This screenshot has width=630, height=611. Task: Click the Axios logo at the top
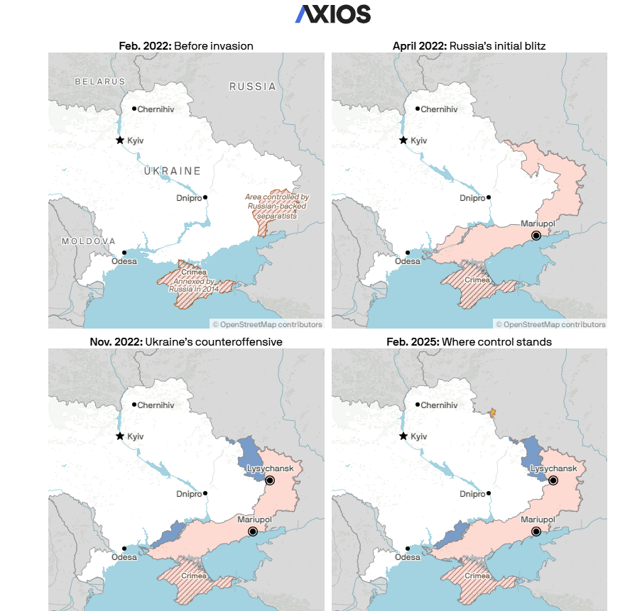[333, 14]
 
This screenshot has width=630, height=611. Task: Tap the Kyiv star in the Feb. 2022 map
[120, 141]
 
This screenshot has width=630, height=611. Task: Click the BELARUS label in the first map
[100, 82]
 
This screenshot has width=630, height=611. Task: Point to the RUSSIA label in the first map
[252, 87]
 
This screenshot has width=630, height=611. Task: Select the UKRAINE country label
[172, 171]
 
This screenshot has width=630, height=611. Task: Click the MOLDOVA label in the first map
[88, 241]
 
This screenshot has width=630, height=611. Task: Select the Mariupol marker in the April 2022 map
[536, 236]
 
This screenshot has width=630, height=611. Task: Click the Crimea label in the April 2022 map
[477, 280]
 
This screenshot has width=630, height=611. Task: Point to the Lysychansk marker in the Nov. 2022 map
[270, 480]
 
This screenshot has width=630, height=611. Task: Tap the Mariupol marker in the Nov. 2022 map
[252, 532]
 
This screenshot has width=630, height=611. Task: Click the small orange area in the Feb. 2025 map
[493, 412]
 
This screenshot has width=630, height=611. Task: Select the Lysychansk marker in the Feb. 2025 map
[553, 480]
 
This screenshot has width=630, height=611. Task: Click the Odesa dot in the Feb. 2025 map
[408, 548]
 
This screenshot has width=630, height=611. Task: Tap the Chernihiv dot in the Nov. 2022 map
[134, 405]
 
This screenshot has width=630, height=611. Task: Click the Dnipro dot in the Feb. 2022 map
[205, 197]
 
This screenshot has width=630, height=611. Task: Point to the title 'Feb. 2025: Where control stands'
[469, 342]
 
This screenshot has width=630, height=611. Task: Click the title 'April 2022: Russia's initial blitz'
[469, 46]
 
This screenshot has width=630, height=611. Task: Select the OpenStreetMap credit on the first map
[267, 324]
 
